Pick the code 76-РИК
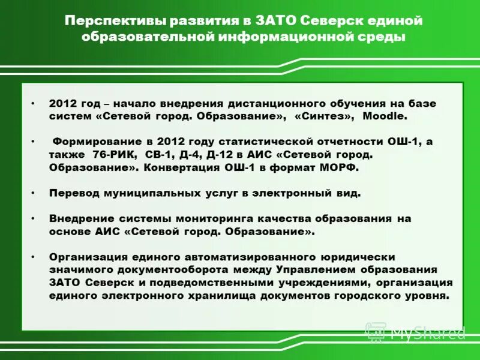tap(106, 155)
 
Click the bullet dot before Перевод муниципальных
tap(34, 193)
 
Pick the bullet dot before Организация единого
tap(34, 256)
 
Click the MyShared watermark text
tap(428, 332)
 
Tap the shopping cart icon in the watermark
tap(376, 332)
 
